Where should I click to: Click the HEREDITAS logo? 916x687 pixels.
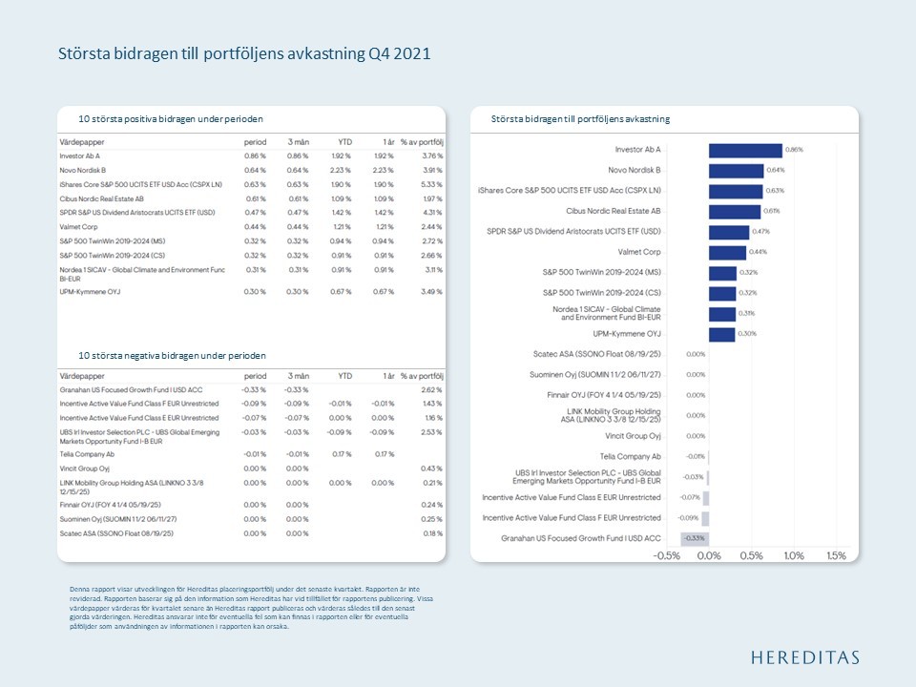[x=804, y=656]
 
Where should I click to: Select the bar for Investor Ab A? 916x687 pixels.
[x=745, y=150]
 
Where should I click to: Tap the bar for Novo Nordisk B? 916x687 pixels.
[x=736, y=170]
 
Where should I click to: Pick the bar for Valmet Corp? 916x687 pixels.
[x=727, y=252]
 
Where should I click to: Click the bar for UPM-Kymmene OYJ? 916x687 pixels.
[x=721, y=334]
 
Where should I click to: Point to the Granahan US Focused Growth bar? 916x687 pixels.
[x=695, y=539]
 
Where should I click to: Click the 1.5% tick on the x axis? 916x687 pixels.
[x=836, y=556]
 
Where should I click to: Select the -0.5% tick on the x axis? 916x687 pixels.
[x=666, y=556]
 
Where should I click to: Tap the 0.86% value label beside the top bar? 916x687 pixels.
[x=794, y=150]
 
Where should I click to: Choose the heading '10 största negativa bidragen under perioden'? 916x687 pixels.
[x=172, y=355]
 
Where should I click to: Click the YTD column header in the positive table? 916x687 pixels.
[x=345, y=141]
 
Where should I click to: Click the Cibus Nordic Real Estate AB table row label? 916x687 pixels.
[x=101, y=198]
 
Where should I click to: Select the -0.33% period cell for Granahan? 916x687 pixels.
[x=254, y=389]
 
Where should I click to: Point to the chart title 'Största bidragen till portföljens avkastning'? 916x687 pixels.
[x=580, y=119]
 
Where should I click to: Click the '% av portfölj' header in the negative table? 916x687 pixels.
[x=423, y=376]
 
